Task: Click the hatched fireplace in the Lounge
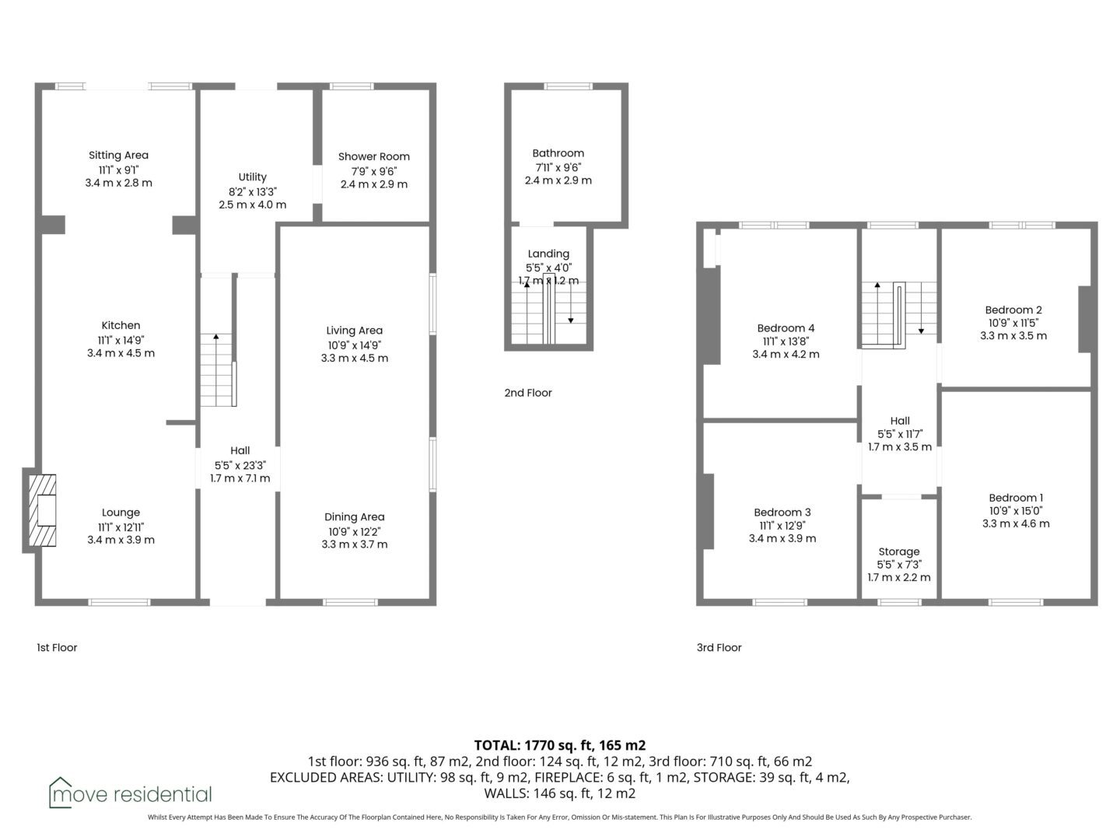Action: tap(42, 510)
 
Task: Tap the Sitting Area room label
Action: tap(118, 155)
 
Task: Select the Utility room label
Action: tap(253, 177)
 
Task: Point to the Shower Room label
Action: tap(374, 156)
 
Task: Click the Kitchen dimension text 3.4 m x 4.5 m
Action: tap(121, 353)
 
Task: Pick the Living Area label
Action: tap(355, 331)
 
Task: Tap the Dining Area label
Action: tap(355, 517)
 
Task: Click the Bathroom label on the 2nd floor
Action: tap(558, 153)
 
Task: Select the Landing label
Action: tap(548, 254)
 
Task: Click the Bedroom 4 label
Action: tap(786, 328)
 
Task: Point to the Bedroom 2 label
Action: tap(1013, 310)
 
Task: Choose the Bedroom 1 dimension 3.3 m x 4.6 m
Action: tap(1016, 523)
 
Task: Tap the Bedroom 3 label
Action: tap(782, 512)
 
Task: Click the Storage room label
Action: tap(899, 551)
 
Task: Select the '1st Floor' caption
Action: tap(57, 647)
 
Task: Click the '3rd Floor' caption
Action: tap(719, 647)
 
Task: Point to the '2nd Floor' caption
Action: tap(528, 393)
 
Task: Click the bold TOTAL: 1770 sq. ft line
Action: tap(560, 745)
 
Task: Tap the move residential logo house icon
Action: tap(60, 793)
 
